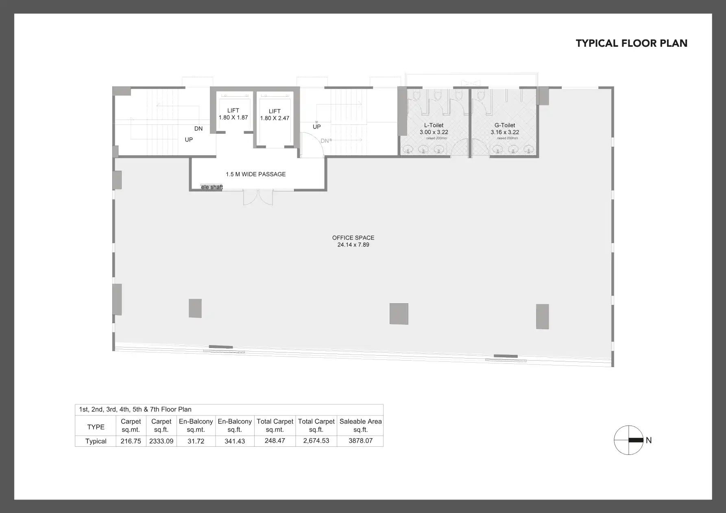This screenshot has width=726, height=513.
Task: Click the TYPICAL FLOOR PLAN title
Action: pos(631,43)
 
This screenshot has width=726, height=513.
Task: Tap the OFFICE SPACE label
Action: pos(353,238)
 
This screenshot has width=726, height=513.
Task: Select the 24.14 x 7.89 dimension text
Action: pos(353,245)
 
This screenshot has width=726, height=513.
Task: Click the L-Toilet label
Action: pos(434,125)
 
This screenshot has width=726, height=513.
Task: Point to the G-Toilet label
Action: pos(505,125)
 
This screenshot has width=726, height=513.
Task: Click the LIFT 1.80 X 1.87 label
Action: pos(233,114)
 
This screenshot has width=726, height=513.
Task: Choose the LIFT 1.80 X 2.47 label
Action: pos(275,115)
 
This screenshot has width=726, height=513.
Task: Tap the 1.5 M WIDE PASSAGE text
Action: pos(256,174)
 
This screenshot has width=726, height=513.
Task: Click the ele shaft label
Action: pos(212,187)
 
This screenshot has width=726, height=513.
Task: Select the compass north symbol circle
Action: pos(628,440)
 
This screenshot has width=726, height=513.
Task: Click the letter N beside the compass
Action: pos(649,440)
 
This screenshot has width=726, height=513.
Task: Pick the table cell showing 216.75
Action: pos(131,441)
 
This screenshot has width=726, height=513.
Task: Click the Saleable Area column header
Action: pos(360,425)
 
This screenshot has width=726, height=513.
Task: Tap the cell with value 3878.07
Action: pos(360,441)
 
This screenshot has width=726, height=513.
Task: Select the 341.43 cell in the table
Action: pos(235,441)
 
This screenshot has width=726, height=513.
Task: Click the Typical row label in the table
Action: pos(96,441)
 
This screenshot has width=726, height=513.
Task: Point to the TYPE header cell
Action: pos(96,427)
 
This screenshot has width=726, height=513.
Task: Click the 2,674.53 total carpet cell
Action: pos(316,441)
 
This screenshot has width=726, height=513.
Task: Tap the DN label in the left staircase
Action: pos(198,128)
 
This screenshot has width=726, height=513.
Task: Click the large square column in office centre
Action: pos(399,314)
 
